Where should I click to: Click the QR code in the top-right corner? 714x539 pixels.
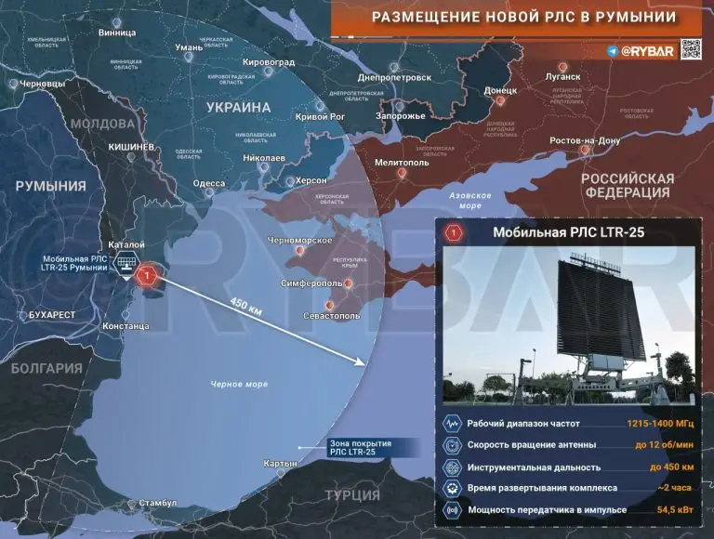coord(690,50)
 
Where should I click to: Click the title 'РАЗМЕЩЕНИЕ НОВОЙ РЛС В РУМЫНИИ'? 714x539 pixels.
coord(524,18)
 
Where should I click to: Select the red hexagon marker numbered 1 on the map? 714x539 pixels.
coord(146,275)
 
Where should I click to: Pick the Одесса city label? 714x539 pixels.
coord(209,183)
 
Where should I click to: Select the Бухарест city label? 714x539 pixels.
coord(52,315)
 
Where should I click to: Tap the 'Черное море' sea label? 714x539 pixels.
coord(239,384)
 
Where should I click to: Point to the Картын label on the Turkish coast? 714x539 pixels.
coord(281,463)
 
